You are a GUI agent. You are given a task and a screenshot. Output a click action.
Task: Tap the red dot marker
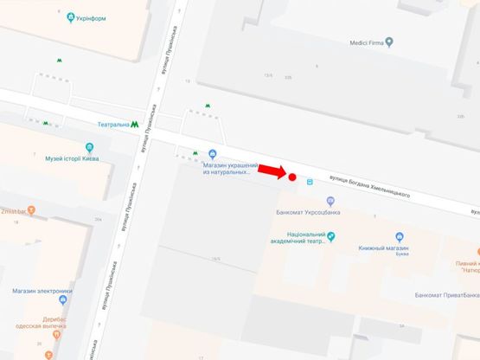(x=292, y=178)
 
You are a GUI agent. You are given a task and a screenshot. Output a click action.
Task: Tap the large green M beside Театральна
(x=136, y=125)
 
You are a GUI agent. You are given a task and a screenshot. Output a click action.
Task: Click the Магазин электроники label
(x=41, y=291)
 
